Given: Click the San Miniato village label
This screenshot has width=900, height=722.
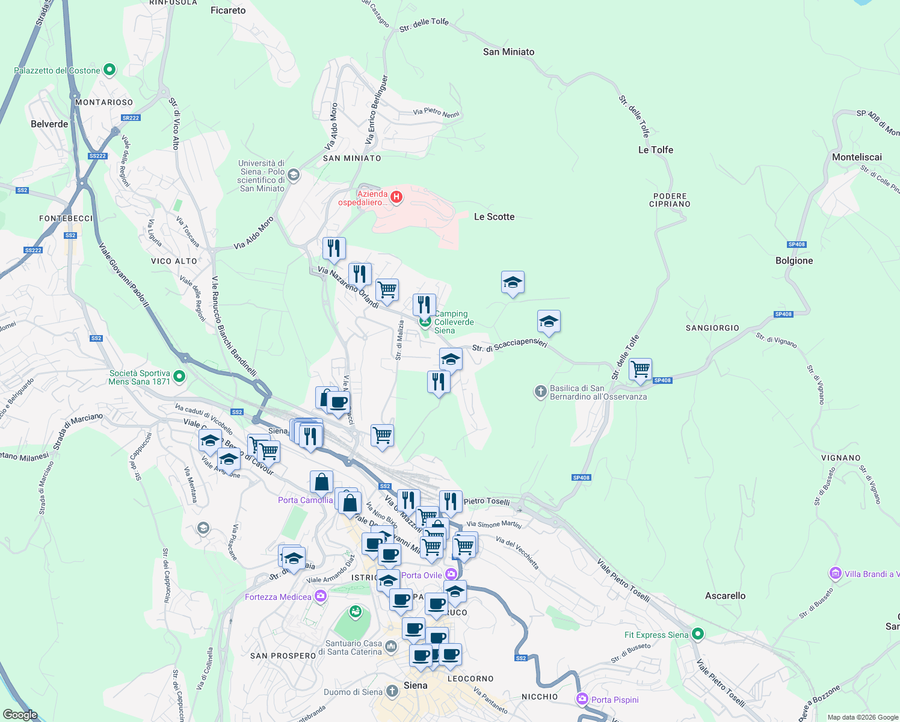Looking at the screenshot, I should point(508,52).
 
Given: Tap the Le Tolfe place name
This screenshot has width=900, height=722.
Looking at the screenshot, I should point(655,150).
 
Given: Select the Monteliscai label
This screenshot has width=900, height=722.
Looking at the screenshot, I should point(857,157).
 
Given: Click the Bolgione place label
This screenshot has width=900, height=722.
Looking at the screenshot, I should point(794,261).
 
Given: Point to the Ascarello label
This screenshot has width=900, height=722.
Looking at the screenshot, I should point(725,596).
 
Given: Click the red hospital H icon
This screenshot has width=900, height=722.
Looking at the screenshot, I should point(396,197).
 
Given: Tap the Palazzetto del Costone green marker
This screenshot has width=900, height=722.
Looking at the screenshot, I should point(109,70).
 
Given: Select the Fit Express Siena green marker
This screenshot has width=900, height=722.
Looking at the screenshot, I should point(697,634).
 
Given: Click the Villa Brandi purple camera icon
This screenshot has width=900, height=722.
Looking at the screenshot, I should point(835,573).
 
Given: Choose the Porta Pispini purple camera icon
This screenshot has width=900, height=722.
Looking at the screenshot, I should point(582,699).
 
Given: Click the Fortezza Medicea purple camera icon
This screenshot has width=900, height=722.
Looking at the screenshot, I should point(321,596).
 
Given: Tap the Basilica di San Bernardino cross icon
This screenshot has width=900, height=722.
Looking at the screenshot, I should point(540,392).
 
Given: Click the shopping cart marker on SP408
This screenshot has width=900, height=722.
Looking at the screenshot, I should point(641,368).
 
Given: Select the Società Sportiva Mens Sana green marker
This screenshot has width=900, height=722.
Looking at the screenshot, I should point(179,377).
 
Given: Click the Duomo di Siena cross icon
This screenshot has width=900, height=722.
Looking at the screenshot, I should point(392,691).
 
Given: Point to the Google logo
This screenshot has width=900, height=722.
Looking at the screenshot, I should point(20,715).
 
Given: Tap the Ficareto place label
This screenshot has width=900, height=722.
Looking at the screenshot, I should point(228,10).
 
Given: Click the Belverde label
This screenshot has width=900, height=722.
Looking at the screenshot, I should point(49,124).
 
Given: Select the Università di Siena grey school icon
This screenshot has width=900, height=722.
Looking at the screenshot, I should point(294,175).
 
